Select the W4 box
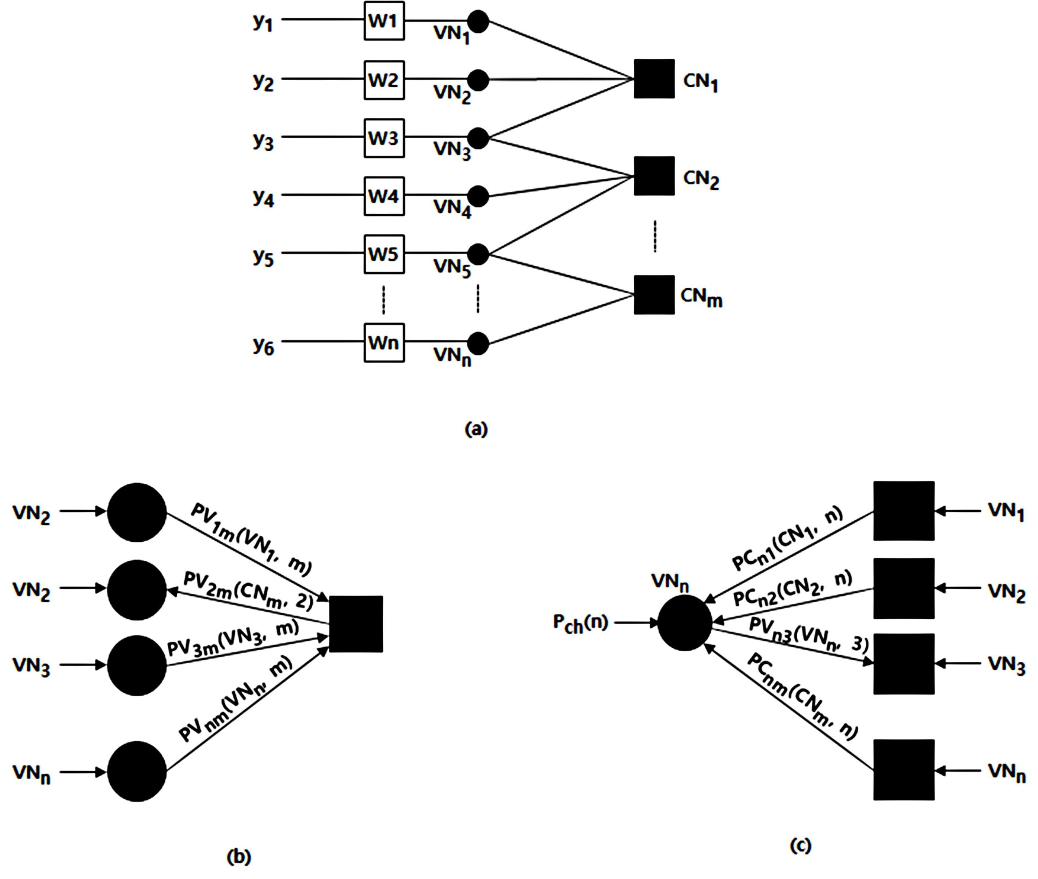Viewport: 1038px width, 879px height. click(384, 196)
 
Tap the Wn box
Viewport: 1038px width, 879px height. click(384, 343)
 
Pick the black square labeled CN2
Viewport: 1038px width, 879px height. click(654, 176)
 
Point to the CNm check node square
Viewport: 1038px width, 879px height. click(654, 295)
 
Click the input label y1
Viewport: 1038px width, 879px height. click(263, 22)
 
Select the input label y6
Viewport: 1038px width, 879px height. click(263, 345)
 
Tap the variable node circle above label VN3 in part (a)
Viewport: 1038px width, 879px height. click(478, 138)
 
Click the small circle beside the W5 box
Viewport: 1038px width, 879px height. click(478, 254)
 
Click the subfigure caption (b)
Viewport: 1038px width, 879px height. click(239, 857)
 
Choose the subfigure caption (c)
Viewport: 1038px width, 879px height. click(801, 845)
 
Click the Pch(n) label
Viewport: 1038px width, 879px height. click(580, 623)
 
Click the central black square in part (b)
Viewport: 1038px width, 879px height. click(356, 624)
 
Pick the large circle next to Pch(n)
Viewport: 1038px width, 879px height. click(684, 623)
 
